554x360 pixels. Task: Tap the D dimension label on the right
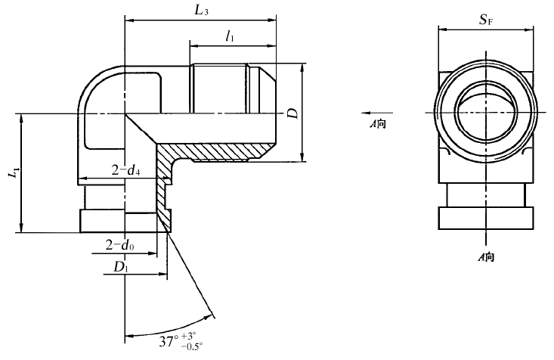click(x=292, y=113)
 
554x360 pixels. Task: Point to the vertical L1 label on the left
click(x=13, y=173)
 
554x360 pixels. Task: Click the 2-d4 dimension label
click(x=124, y=171)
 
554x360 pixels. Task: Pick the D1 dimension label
click(x=121, y=268)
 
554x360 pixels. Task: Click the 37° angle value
click(x=169, y=342)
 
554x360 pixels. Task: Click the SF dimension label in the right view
click(x=487, y=20)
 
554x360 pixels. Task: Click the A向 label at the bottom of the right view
click(x=486, y=258)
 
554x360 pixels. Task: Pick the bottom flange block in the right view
click(x=487, y=217)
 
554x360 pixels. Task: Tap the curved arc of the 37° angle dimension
click(x=174, y=327)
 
